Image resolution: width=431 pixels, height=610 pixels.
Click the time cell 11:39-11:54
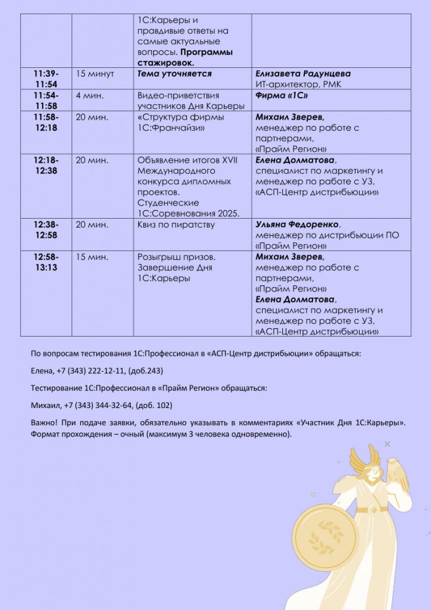tap(46, 79)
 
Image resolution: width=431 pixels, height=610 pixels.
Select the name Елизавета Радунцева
tap(302, 74)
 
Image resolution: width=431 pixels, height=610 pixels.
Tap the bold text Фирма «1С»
tap(282, 95)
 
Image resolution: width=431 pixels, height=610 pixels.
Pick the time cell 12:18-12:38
tap(46, 165)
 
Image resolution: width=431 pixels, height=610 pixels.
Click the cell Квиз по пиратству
tap(176, 225)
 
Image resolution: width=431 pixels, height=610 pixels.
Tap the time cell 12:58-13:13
tap(46, 262)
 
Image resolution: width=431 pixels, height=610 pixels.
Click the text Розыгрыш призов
tap(176, 257)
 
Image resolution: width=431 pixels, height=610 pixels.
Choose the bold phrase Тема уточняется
tap(174, 74)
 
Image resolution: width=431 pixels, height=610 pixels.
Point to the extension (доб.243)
tap(146, 371)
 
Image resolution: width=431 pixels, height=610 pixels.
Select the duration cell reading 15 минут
tap(95, 74)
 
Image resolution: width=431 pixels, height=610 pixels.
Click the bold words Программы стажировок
tap(185, 57)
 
